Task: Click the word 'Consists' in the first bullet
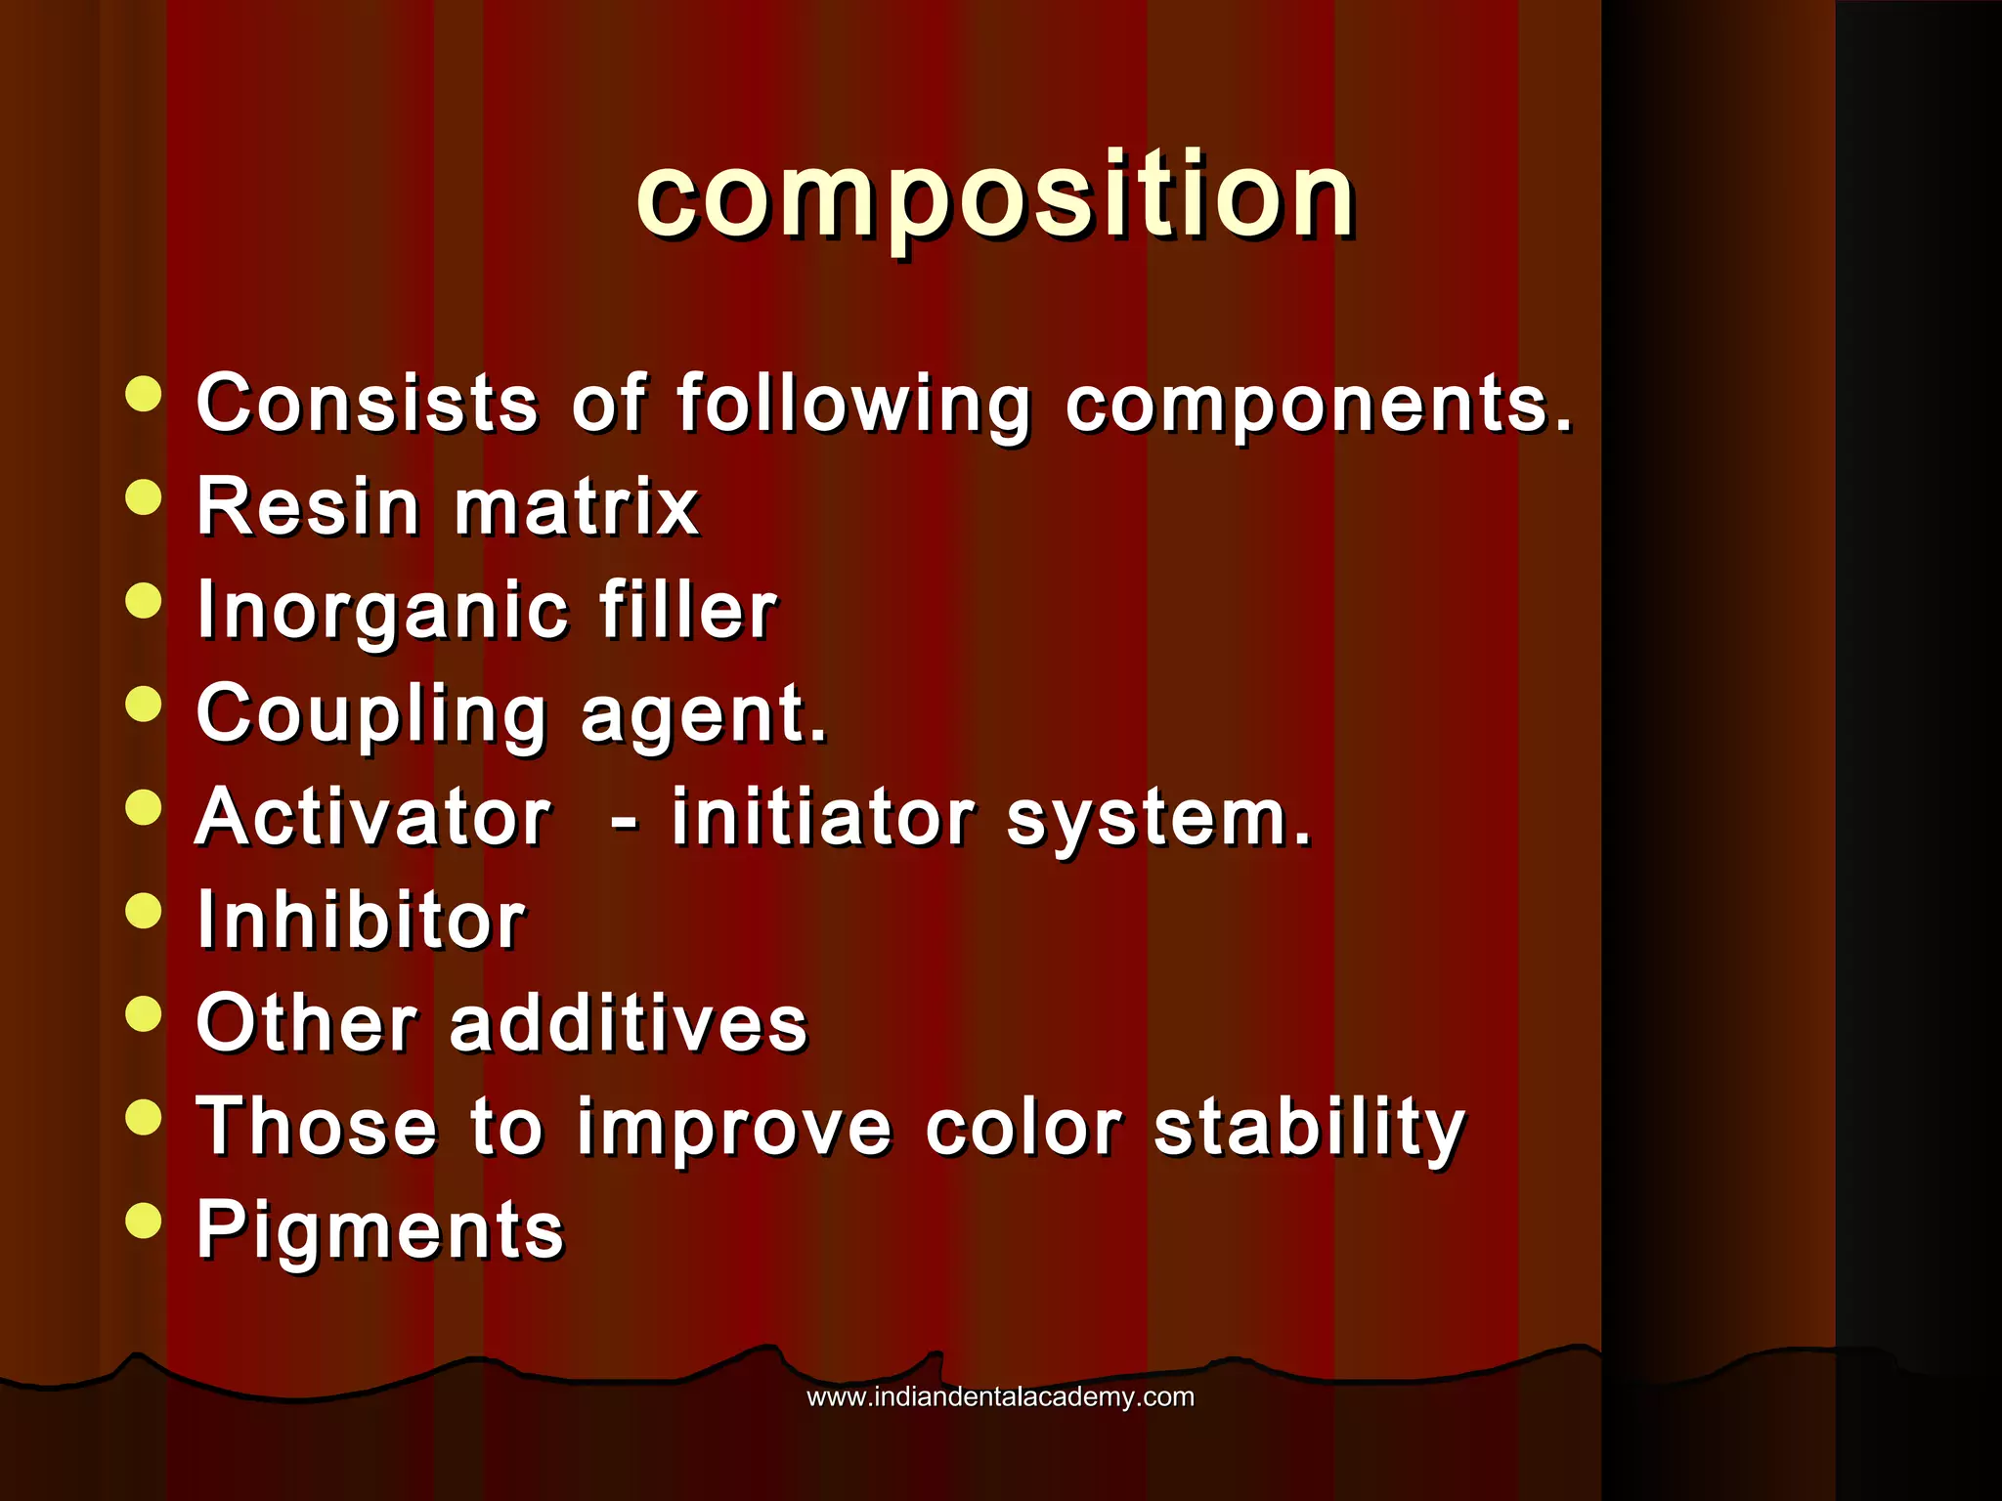(367, 403)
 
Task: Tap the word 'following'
(853, 405)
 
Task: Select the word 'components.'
(1320, 405)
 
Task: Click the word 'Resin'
(308, 507)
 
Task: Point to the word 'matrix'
(577, 507)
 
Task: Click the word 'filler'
(688, 611)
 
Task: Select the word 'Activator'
(373, 818)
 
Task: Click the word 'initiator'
(823, 818)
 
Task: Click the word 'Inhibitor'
(362, 922)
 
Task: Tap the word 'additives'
(629, 1024)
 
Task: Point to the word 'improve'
(734, 1129)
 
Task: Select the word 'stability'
(1310, 1129)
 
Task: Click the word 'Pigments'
(380, 1231)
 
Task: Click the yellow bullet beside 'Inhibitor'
(144, 911)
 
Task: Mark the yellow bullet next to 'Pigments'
(144, 1220)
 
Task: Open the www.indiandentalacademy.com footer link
(1000, 1397)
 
